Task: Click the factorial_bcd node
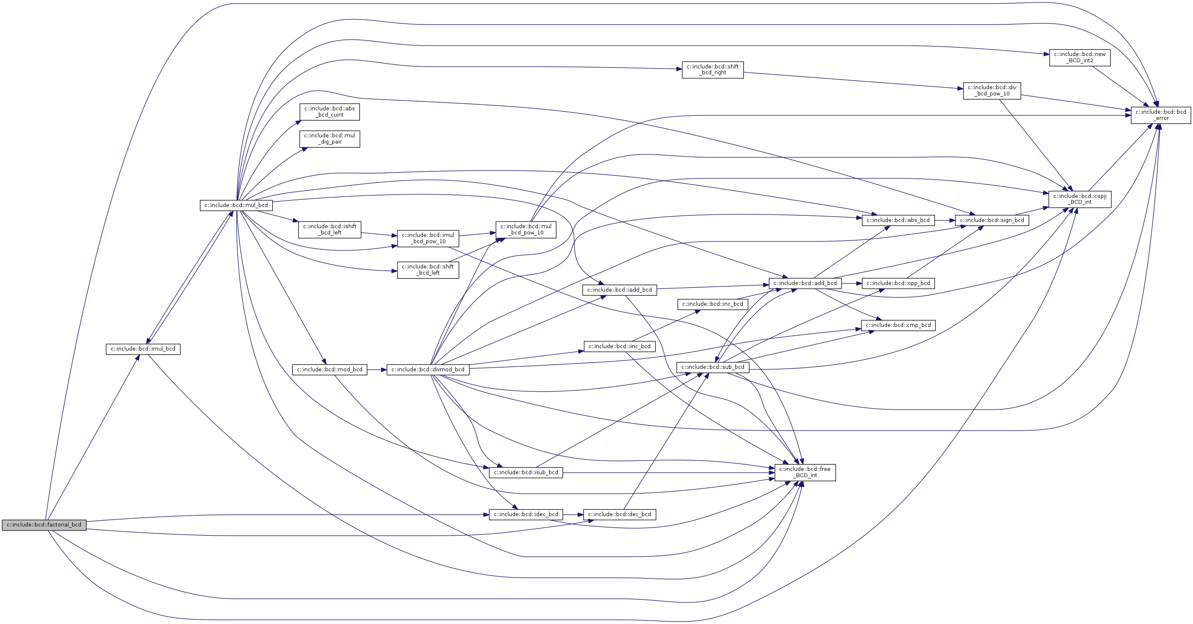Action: [x=44, y=525]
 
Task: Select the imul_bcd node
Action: [x=143, y=349]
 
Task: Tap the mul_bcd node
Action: [x=236, y=205]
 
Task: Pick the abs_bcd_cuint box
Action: [x=329, y=112]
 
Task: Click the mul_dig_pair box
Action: [x=329, y=139]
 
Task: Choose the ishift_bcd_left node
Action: [x=329, y=229]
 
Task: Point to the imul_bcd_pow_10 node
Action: [x=428, y=238]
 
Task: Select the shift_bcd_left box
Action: [x=428, y=270]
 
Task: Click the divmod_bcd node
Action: [x=428, y=370]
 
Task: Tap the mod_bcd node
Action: [x=329, y=370]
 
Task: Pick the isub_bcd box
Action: [x=526, y=473]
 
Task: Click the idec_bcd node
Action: [x=526, y=514]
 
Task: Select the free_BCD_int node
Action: [x=805, y=472]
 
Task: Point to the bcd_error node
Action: [x=1161, y=115]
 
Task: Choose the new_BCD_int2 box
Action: [x=1079, y=57]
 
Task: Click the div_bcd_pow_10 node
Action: [x=991, y=90]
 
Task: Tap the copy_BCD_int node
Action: [x=1079, y=199]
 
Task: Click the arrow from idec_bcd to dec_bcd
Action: [x=573, y=514]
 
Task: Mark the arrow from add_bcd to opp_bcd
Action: [x=851, y=283]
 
